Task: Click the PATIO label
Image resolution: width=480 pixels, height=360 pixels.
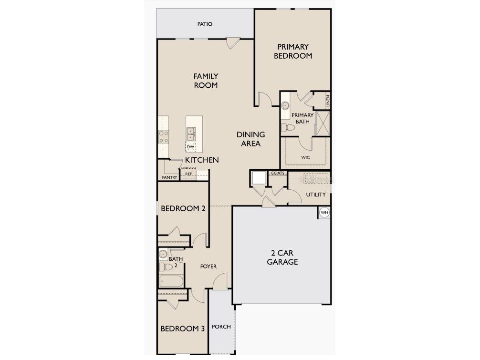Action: pos(205,24)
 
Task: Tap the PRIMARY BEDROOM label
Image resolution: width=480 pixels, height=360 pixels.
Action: pos(293,51)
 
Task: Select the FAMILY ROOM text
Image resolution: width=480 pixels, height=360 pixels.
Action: pos(206,81)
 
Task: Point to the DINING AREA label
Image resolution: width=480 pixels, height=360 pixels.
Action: pos(250,139)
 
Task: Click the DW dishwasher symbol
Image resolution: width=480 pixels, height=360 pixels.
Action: pos(190,147)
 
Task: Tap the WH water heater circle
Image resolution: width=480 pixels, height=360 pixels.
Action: pos(324,213)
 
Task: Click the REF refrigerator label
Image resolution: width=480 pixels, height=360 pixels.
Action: pos(188,175)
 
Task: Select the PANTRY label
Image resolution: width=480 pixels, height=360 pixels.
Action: pos(169,177)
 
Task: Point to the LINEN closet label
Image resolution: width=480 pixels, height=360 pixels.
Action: pos(328,100)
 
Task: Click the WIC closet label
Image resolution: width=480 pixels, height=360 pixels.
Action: pos(305,157)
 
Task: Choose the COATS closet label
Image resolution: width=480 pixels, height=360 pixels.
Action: pos(278,173)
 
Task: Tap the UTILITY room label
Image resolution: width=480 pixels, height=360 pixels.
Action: pos(316,195)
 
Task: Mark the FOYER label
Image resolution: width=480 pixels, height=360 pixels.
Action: pos(208,267)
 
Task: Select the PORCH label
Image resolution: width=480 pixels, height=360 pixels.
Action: pos(221,327)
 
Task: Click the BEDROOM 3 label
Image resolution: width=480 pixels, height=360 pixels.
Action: pos(182,329)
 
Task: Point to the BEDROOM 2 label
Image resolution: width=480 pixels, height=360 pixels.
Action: pos(183,208)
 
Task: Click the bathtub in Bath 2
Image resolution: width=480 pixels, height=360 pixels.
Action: pos(171,281)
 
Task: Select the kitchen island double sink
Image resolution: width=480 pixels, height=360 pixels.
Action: pos(191,134)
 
